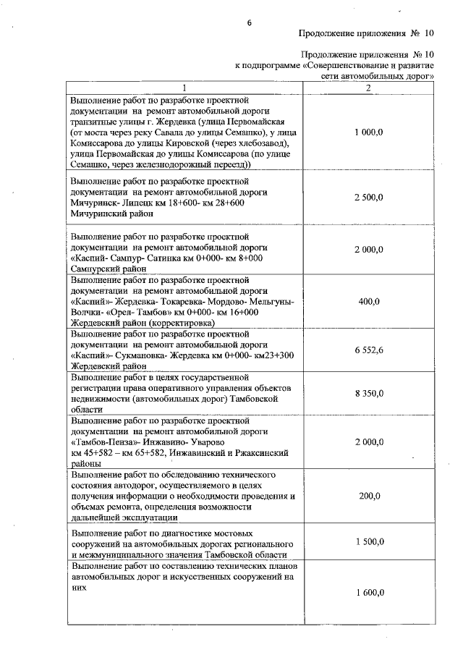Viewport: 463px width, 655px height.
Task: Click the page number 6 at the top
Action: tap(248, 22)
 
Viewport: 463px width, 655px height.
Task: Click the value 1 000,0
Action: tap(369, 132)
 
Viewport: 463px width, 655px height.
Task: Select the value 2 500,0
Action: tap(369, 197)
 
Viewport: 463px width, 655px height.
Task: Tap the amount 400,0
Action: tap(369, 301)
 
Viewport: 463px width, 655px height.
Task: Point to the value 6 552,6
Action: tap(369, 350)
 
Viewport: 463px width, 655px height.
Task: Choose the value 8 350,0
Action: tap(369, 393)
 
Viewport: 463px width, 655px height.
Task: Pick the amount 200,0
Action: tap(369, 496)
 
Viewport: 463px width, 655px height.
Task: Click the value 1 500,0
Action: tap(369, 541)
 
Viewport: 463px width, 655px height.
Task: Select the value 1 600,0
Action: tap(369, 592)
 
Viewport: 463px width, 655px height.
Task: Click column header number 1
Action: tap(183, 88)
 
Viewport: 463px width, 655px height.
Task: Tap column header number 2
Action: tap(368, 88)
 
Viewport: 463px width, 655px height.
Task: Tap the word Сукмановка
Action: tap(145, 355)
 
